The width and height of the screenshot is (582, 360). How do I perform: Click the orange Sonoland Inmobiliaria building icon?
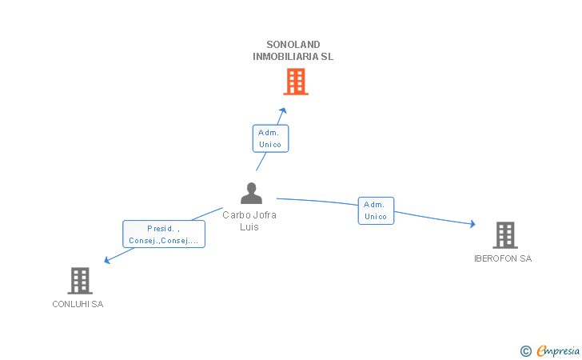click(x=296, y=82)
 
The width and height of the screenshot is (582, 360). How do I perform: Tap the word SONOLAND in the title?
click(x=293, y=45)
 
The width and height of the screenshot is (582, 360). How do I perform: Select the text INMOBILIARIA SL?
click(x=293, y=57)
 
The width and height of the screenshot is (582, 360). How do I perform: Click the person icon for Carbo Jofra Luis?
click(x=251, y=194)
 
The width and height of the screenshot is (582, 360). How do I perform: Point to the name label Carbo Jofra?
click(x=249, y=214)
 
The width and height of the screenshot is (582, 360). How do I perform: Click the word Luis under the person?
click(x=249, y=226)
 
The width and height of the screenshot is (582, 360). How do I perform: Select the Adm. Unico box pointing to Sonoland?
click(x=270, y=138)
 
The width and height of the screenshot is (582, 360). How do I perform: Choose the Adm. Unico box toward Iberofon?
click(x=376, y=210)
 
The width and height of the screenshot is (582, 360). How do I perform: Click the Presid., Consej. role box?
click(x=164, y=234)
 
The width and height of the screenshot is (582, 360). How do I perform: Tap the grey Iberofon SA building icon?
click(x=504, y=235)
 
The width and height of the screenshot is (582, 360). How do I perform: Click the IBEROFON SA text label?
click(x=503, y=258)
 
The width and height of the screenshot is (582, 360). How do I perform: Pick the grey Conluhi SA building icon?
click(x=79, y=281)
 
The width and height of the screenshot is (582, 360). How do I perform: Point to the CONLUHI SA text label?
click(x=78, y=304)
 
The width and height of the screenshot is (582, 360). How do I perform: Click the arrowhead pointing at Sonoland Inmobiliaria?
click(x=283, y=110)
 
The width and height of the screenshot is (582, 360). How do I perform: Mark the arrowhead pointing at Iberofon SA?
click(x=472, y=225)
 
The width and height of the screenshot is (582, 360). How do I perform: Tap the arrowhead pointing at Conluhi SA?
click(x=107, y=259)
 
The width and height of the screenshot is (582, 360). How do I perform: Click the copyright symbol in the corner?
click(x=525, y=350)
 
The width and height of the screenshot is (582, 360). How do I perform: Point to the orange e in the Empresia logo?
click(x=541, y=351)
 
